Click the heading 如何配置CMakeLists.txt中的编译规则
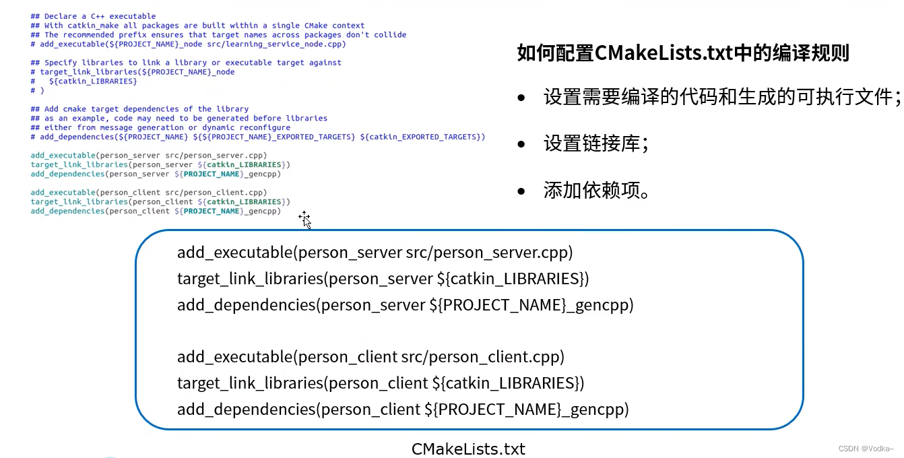[683, 53]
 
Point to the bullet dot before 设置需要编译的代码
[521, 99]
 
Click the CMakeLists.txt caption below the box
[468, 449]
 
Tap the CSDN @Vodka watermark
[866, 449]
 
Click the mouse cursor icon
[305, 219]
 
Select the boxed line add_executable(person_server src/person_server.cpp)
[375, 253]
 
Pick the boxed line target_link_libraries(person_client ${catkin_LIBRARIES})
[381, 383]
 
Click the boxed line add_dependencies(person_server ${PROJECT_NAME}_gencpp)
[405, 304]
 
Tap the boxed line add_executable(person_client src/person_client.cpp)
[370, 356]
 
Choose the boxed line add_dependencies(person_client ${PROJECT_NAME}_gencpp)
[402, 409]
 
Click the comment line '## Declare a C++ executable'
[93, 16]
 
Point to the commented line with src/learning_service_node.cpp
[188, 44]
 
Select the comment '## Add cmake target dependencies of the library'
[139, 109]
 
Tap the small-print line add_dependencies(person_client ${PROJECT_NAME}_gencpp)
[155, 211]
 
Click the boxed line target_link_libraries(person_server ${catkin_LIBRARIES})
[383, 278]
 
